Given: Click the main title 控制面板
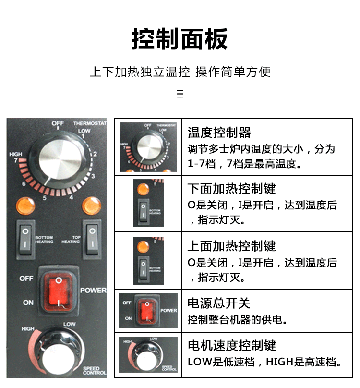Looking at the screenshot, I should (180, 39).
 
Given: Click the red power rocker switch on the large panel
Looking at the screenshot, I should (58, 291).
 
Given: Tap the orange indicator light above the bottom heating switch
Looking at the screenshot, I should (25, 206).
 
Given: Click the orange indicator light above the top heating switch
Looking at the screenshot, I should (92, 206).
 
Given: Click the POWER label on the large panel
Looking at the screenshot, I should (93, 291).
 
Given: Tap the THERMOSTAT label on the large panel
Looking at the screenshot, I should (89, 123).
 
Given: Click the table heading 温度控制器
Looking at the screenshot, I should (219, 133).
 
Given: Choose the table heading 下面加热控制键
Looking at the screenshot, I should (231, 188).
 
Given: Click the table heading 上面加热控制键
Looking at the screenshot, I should (231, 246).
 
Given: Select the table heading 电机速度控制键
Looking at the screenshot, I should (231, 345).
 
